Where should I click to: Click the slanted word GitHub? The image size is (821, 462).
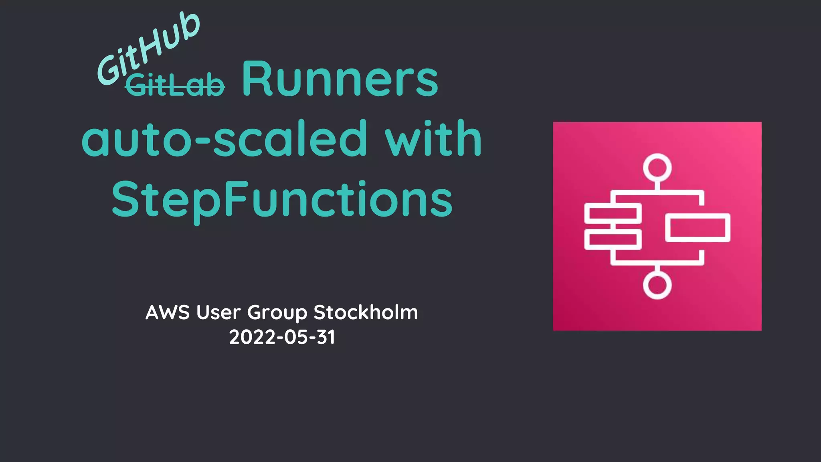[x=148, y=48]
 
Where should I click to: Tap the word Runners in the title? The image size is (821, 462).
[x=340, y=79]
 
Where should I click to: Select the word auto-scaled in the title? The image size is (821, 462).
[x=224, y=139]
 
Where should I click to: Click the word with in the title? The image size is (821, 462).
[x=433, y=139]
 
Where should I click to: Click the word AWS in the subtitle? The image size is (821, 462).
[x=168, y=312]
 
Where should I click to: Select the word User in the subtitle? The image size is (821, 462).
[x=218, y=312]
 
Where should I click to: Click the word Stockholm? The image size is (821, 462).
[x=366, y=312]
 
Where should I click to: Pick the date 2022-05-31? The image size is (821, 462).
[x=282, y=337]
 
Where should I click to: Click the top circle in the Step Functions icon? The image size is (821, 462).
[x=657, y=167]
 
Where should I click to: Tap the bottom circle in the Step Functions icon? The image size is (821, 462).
[x=657, y=285]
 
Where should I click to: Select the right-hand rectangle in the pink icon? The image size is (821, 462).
[x=698, y=228]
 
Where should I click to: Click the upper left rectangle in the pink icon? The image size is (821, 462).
[x=613, y=213]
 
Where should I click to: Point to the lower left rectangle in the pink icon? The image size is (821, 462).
[x=613, y=239]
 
